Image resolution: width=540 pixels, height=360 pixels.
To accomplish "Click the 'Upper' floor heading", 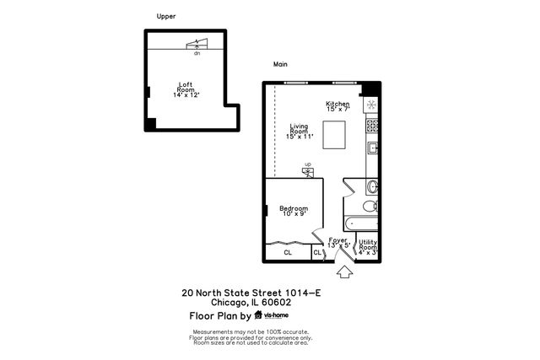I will click(x=166, y=16).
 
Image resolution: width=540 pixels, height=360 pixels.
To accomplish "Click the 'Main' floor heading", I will click(x=280, y=64).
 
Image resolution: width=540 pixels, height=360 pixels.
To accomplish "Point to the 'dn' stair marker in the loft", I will click(x=197, y=53).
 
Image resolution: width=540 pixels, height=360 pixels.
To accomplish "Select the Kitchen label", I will click(x=337, y=106).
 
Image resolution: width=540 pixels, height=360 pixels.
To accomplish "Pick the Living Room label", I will click(x=299, y=132).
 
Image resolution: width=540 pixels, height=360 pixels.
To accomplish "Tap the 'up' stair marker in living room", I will click(x=308, y=165).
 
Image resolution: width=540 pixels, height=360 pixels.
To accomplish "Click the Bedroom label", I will click(x=294, y=211).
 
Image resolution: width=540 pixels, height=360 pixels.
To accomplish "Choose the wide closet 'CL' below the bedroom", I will click(x=288, y=252).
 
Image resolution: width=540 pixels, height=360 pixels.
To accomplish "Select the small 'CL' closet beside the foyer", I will click(x=317, y=252).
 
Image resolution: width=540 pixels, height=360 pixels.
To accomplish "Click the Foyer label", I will click(x=338, y=243).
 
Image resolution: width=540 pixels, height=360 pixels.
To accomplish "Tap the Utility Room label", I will click(x=367, y=246).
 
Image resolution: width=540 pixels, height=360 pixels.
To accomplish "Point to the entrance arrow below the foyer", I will click(x=343, y=272).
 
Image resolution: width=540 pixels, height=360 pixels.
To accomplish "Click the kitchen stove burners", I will click(x=371, y=126).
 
